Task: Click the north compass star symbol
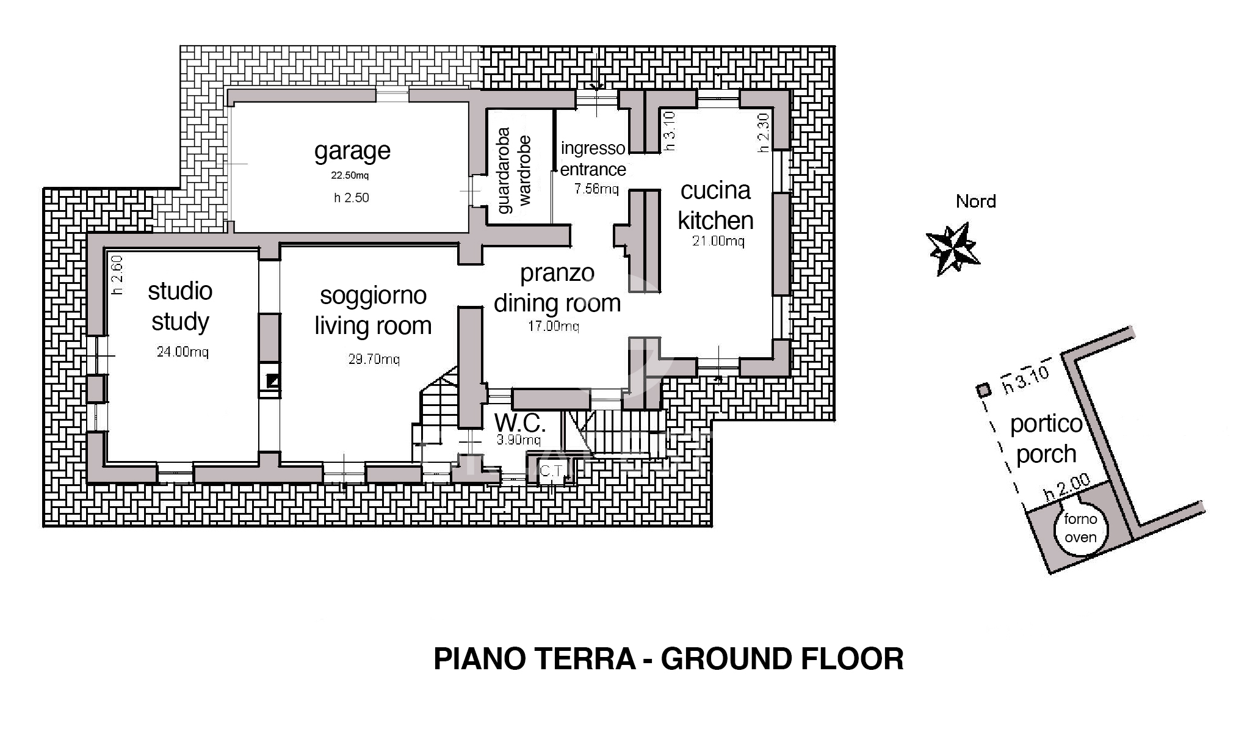(953, 249)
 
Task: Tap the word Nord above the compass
(975, 202)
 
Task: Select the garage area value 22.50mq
(350, 176)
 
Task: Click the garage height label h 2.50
(352, 198)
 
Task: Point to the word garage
(352, 151)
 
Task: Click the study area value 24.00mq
(183, 352)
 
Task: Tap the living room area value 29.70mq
(374, 359)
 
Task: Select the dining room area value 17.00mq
(553, 326)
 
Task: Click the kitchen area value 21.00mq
(718, 241)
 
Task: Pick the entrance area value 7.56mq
(596, 189)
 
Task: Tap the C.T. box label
(551, 471)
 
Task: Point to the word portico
(1046, 424)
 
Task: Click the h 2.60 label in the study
(117, 275)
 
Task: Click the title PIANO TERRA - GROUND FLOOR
(668, 659)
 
